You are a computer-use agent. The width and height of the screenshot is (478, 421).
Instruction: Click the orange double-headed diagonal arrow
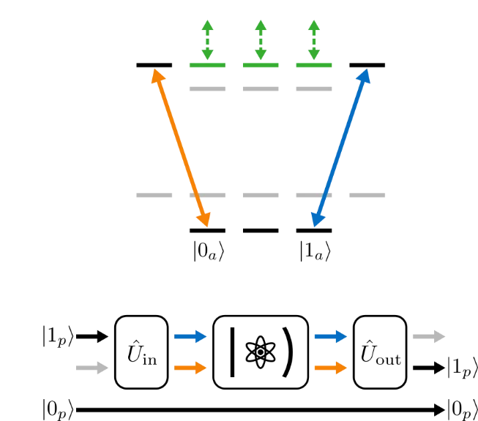[181, 148]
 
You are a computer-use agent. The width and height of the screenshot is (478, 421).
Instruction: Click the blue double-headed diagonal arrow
[340, 148]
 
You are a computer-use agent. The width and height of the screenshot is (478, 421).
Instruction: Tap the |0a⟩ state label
[209, 251]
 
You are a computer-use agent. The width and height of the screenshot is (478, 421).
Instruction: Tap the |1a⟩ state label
[315, 251]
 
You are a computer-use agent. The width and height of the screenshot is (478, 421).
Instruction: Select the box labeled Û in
[141, 352]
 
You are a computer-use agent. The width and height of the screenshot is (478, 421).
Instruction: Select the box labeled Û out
[380, 352]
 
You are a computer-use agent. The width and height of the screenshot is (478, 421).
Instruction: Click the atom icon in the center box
[261, 352]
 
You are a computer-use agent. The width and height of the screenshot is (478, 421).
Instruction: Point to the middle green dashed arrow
[261, 40]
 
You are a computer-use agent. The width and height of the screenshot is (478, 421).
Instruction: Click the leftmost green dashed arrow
[207, 40]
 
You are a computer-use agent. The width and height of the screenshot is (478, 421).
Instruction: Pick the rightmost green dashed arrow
[314, 40]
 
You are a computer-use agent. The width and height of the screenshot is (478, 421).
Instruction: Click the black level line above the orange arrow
[154, 65]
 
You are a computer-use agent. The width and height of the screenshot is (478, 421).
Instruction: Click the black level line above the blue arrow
[367, 65]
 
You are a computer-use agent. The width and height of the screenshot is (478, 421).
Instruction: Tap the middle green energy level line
[261, 65]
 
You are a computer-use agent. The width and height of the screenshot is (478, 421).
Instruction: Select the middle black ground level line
[261, 230]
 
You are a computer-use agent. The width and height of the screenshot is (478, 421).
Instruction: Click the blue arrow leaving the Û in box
[190, 336]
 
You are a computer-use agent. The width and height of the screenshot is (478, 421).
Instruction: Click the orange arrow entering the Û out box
[330, 368]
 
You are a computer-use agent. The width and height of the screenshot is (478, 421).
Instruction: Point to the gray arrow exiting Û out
[429, 336]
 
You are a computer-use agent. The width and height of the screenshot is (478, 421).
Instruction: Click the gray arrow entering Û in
[92, 368]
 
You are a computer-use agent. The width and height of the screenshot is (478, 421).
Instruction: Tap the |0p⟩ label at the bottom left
[58, 409]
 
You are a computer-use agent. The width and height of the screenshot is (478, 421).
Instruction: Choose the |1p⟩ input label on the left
[58, 336]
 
